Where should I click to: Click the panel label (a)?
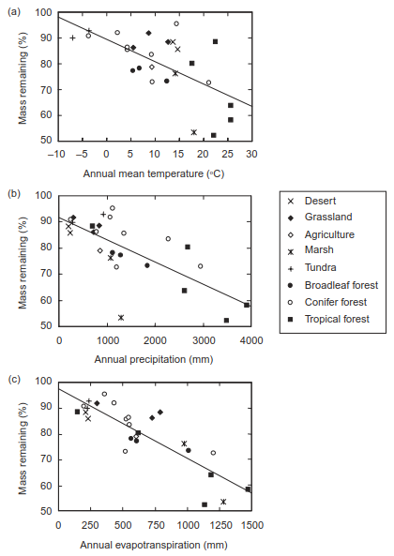pos(14,12)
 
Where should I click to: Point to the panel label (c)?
pos(14,379)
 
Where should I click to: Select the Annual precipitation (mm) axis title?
pos(154,359)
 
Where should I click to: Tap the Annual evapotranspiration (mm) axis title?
pos(154,545)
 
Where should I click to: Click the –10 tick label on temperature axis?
pos(56,154)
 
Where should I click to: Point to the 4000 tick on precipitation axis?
pos(250,340)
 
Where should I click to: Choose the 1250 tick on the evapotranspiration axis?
pos(220,525)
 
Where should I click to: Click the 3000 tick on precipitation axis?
pos(203,340)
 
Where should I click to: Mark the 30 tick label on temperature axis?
pos(251,154)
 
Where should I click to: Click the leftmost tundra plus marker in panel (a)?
pos(72,38)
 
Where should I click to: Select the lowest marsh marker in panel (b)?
pos(121,317)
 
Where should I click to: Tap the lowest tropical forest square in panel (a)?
pos(214,135)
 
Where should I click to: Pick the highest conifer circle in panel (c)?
pos(104,394)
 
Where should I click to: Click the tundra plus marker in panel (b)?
pos(103,214)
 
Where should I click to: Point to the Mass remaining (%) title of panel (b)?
pos(23,261)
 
